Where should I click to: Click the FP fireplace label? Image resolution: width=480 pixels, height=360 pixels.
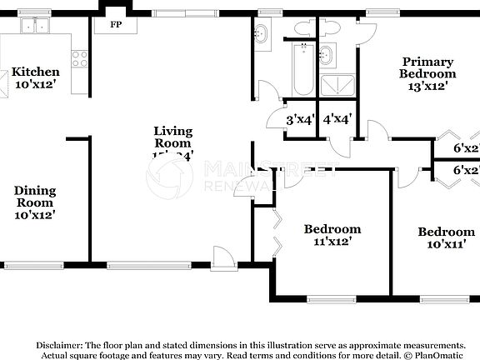(117, 24)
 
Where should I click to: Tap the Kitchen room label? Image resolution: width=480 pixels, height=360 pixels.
(35, 72)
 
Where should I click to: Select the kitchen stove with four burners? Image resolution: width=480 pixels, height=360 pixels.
(80, 59)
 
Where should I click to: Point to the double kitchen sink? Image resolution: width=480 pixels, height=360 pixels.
(34, 27)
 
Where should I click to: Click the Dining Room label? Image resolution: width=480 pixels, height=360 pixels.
(34, 197)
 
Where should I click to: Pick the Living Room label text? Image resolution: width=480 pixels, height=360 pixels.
(173, 137)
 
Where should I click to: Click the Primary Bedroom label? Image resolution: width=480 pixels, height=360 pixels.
(428, 67)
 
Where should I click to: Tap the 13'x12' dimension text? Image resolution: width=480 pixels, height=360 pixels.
(428, 85)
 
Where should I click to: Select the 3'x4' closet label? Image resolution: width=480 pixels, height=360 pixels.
(299, 119)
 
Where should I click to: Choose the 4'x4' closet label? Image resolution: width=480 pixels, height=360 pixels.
(337, 119)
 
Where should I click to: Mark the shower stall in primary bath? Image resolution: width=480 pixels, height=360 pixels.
(337, 83)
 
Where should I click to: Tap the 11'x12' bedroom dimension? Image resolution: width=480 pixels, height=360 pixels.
(332, 242)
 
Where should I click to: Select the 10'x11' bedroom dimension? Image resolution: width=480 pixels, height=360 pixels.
(446, 245)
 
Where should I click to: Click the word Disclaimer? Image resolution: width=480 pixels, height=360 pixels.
(58, 344)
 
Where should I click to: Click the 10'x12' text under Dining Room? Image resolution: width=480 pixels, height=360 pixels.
(34, 215)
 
